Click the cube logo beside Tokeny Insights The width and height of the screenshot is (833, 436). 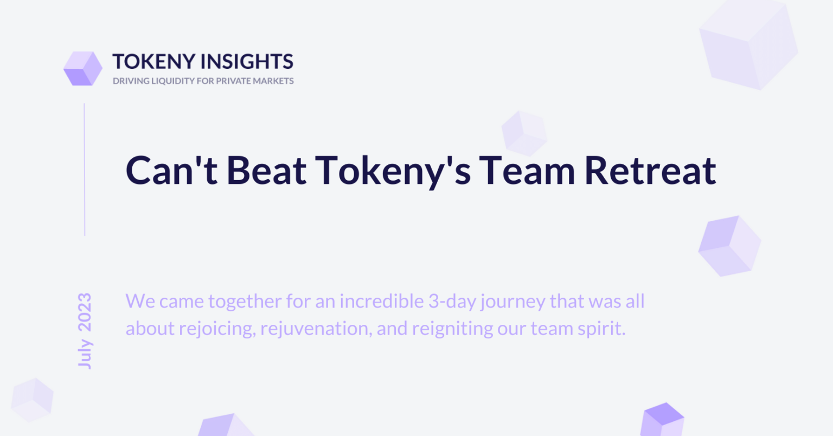pyautogui.click(x=83, y=68)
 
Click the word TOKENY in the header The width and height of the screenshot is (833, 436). pyautogui.click(x=154, y=61)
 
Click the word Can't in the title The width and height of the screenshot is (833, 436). pyautogui.click(x=171, y=170)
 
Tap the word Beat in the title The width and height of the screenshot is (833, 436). pyautogui.click(x=267, y=170)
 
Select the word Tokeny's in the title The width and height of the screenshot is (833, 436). pyautogui.click(x=393, y=172)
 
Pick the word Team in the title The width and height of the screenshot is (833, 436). pyautogui.click(x=527, y=170)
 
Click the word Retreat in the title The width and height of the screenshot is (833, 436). pyautogui.click(x=650, y=170)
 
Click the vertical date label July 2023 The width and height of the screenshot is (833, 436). pyautogui.click(x=85, y=331)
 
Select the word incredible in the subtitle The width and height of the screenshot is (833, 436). pyautogui.click(x=382, y=301)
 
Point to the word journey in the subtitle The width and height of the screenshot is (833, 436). pyautogui.click(x=513, y=303)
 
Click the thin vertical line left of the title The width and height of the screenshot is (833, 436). pyautogui.click(x=85, y=170)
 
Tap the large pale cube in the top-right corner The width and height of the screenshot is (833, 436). pyautogui.click(x=748, y=44)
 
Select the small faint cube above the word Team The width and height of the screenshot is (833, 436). pyautogui.click(x=524, y=133)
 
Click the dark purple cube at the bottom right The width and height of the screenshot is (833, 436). pyautogui.click(x=663, y=419)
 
